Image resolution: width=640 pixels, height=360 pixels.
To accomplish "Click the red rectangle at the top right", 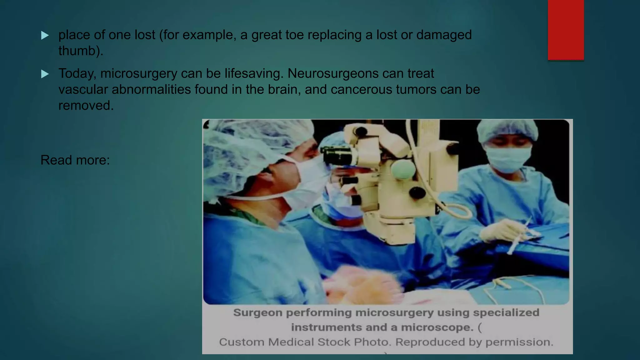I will coord(566,30).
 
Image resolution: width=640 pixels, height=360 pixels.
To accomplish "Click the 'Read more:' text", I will coord(75,160).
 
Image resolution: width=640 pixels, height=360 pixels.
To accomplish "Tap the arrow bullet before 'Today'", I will coord(45,74).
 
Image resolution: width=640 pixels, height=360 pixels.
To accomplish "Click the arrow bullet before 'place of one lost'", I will coord(45,35).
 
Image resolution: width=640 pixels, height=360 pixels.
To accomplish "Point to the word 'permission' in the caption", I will coord(519,342).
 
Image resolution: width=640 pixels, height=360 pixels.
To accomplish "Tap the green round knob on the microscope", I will coord(403,169).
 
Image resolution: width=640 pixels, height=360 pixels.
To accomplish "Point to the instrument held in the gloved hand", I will coord(519,236).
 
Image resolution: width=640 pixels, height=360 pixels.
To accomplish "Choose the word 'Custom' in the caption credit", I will coord(241,342).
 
